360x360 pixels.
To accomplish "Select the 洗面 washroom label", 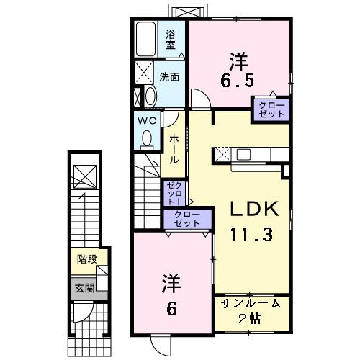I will point(170,76).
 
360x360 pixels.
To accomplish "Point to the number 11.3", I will point(251,235).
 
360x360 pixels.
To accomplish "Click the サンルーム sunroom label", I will point(251,305).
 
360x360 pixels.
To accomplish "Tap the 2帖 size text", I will point(251,319).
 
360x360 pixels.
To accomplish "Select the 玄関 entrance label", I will point(84,287).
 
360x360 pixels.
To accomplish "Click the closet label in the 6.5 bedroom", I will point(272,109).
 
